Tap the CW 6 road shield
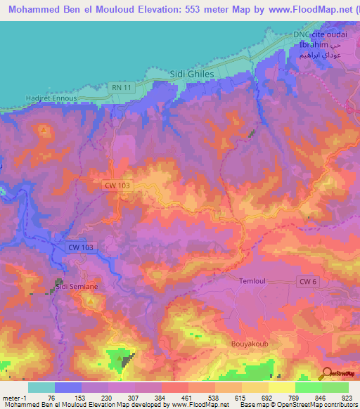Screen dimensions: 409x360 [x=305, y=282]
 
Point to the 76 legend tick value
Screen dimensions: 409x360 [x=51, y=398]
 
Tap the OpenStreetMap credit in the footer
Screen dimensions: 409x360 [x=304, y=405]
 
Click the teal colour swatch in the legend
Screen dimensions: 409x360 [x=41, y=387]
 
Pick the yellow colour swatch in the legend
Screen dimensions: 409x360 [x=281, y=387]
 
